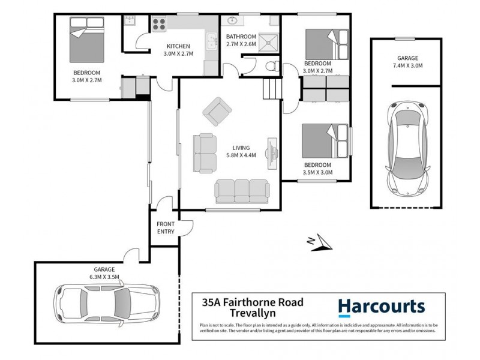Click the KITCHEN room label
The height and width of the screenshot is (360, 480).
click(178, 46)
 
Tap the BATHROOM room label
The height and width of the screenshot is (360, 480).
click(241, 36)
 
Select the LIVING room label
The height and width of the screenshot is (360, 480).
click(241, 148)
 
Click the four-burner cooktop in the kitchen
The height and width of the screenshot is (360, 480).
click(160, 25)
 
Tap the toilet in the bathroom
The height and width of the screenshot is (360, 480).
click(272, 65)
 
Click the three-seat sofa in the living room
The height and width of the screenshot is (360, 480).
click(242, 190)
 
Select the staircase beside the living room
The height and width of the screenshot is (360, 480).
click(272, 91)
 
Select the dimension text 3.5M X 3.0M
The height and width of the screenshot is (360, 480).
click(318, 173)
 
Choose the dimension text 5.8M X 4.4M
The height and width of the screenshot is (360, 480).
click(241, 155)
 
